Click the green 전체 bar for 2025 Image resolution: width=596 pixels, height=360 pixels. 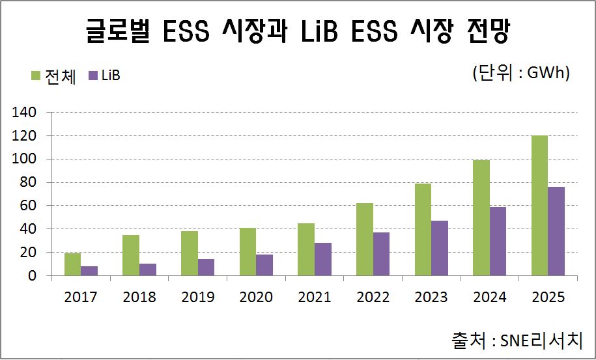539,206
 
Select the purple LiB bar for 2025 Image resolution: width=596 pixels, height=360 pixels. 556,231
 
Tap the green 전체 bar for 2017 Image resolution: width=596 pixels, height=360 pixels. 72,264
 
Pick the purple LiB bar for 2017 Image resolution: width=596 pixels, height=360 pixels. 89,271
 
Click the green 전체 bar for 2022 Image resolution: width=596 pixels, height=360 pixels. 364,240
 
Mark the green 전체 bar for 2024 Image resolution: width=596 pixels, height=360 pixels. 481,218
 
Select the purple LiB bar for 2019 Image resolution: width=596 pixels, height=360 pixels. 206,268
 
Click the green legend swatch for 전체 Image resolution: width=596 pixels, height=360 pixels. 36,76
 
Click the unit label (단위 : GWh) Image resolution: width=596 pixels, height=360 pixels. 521,73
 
